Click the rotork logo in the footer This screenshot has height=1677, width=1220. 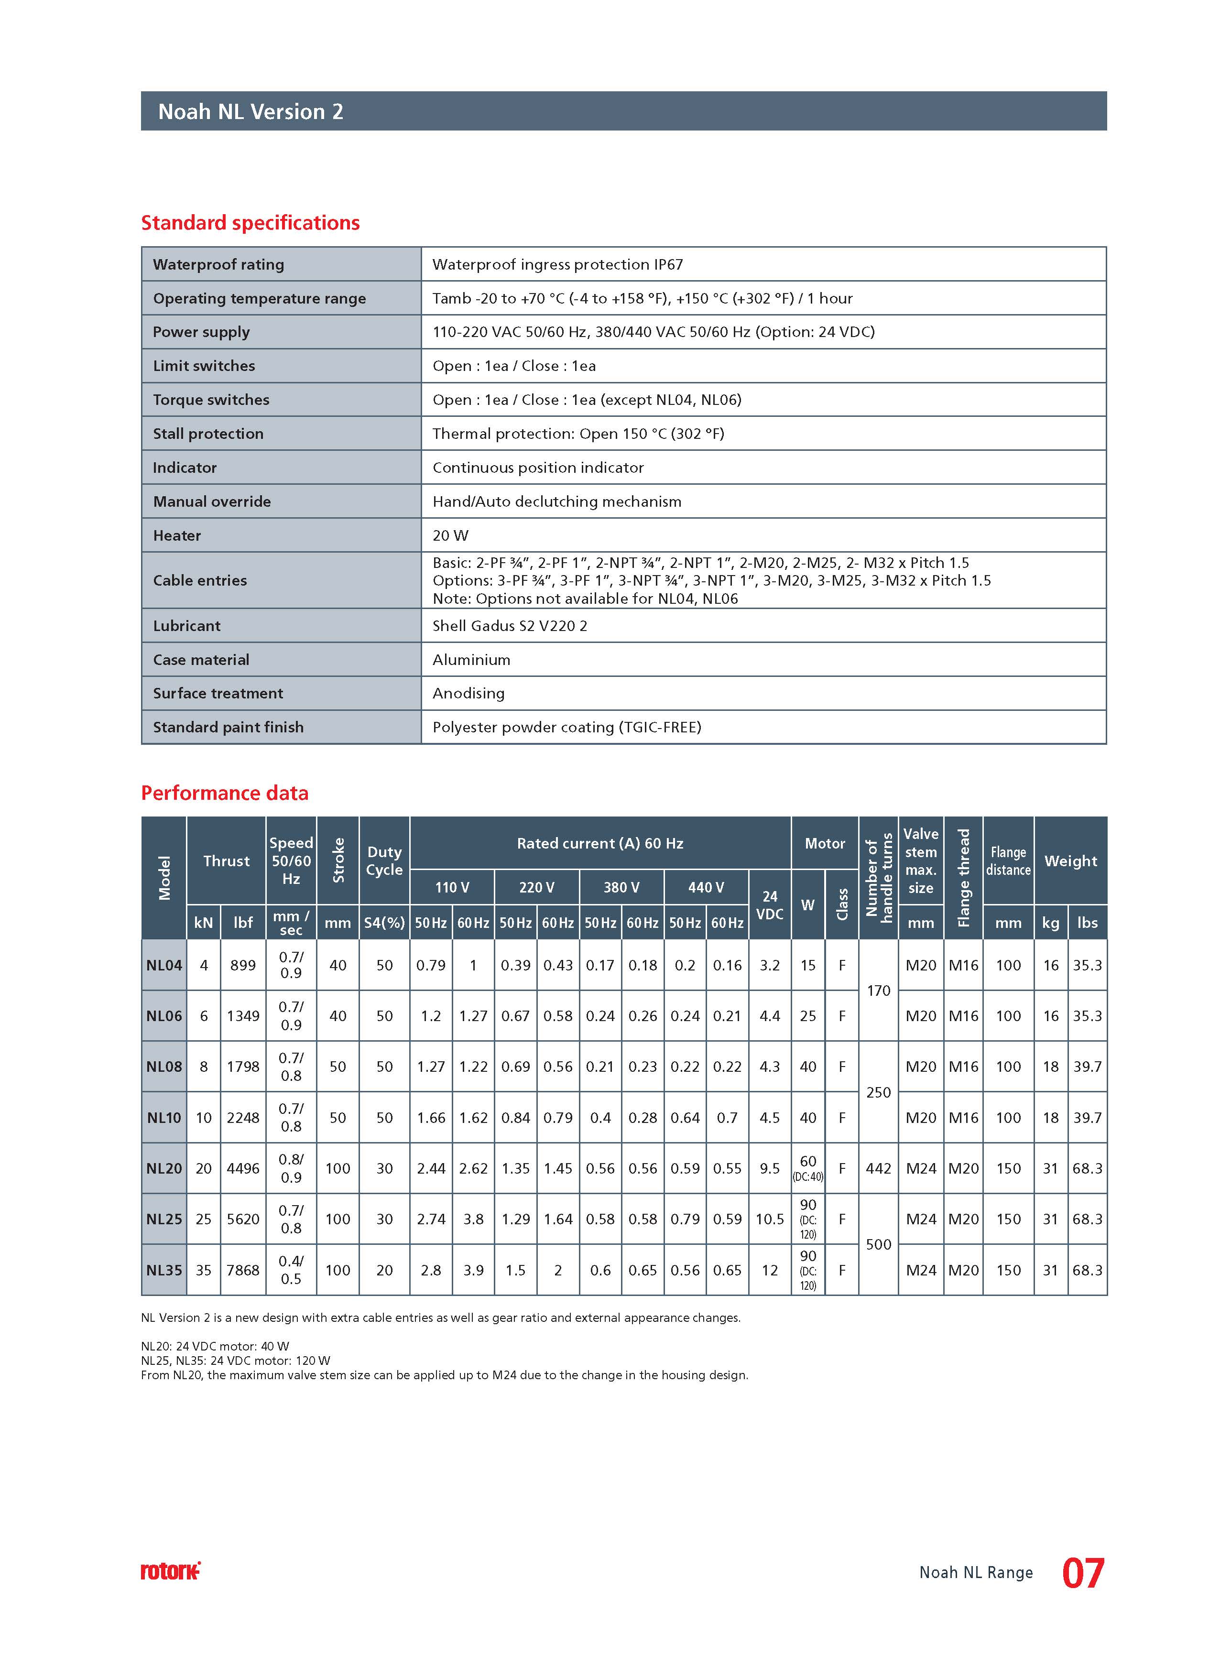(x=170, y=1571)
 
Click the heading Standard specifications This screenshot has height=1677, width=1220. (x=250, y=223)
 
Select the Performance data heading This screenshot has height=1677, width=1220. (x=225, y=793)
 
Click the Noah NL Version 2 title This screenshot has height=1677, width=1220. (x=251, y=112)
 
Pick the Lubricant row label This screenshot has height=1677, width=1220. (x=186, y=626)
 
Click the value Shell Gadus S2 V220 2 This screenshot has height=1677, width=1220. (x=510, y=626)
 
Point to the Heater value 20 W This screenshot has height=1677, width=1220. (x=450, y=535)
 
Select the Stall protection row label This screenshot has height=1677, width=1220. (x=208, y=433)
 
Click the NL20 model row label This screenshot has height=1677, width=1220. (x=164, y=1168)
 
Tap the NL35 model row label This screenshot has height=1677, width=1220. (x=164, y=1270)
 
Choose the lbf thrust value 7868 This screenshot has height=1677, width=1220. (x=242, y=1270)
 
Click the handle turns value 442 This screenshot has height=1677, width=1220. (x=878, y=1168)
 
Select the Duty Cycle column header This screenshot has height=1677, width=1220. (x=384, y=860)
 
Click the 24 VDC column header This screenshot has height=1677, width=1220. (x=770, y=905)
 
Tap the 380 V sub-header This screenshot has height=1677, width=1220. (x=621, y=887)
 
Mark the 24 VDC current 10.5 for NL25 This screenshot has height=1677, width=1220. (x=770, y=1220)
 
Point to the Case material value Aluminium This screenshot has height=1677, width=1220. (x=471, y=660)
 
